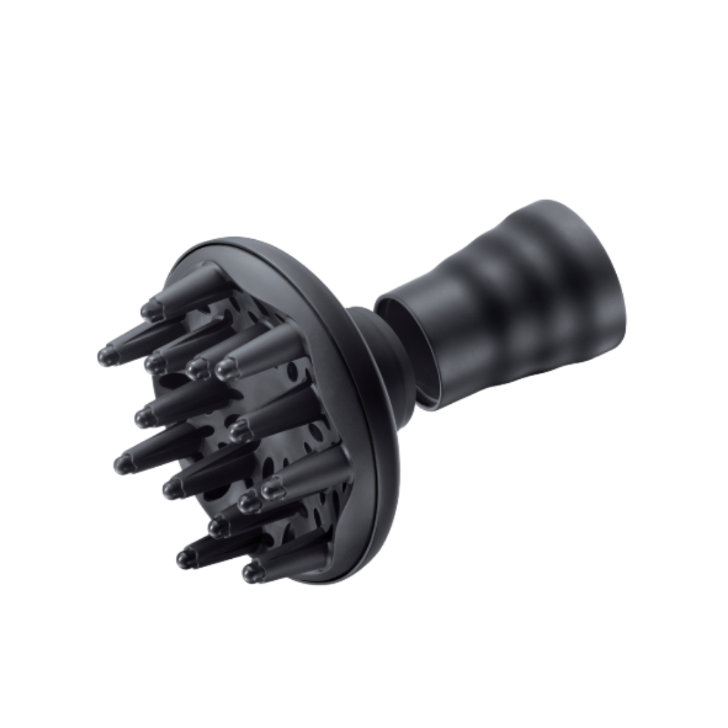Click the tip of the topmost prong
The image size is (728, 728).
coord(151,309)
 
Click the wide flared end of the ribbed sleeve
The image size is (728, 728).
coord(593,270)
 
